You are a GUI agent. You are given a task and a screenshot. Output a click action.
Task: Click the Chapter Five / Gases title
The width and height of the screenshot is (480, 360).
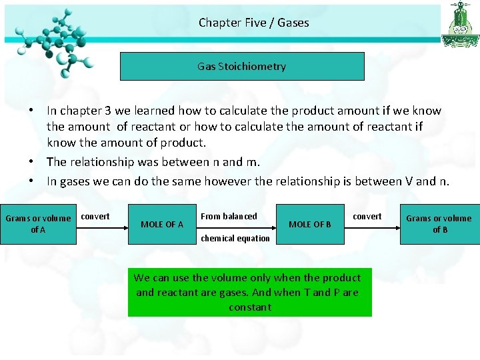point(253,23)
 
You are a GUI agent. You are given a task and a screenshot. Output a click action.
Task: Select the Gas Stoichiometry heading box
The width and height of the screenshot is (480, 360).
point(242,66)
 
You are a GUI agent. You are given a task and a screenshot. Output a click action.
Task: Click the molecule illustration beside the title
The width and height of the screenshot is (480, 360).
point(53,40)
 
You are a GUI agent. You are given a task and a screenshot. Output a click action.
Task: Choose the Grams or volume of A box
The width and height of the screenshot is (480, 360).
point(38,224)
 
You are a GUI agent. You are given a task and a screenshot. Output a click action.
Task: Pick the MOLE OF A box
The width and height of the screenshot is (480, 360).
point(161,224)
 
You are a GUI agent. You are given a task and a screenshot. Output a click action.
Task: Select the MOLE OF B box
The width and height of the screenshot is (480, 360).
point(309,224)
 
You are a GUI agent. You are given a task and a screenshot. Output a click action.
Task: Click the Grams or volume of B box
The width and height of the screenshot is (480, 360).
point(439,224)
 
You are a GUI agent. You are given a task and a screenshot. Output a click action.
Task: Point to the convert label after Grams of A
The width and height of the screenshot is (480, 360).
point(95,217)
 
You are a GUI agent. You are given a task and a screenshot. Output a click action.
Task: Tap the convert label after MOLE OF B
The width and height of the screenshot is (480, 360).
point(367,217)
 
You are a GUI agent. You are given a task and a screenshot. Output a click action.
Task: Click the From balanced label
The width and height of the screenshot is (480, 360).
point(229,217)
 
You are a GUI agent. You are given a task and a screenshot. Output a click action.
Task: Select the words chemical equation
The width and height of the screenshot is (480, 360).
point(235,239)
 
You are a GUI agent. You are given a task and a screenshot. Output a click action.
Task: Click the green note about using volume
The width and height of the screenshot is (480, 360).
point(248,292)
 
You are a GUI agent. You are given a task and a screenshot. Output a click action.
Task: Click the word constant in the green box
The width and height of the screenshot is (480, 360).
point(249,307)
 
